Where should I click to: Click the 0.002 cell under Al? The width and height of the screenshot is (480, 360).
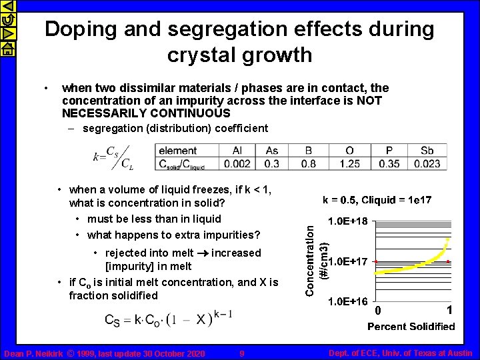tap(237, 163)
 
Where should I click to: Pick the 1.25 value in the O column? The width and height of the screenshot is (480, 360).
tap(350, 163)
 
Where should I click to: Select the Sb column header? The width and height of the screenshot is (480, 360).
tap(427, 151)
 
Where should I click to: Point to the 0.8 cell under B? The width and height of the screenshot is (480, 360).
tap(309, 163)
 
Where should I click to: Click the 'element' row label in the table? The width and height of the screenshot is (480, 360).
tap(178, 151)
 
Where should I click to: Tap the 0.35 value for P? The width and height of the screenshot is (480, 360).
tap(390, 163)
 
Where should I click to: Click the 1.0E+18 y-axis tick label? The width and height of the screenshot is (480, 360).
tap(346, 221)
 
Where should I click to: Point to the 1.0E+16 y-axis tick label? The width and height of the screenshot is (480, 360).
tap(346, 301)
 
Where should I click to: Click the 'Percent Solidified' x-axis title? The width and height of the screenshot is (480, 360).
tap(411, 326)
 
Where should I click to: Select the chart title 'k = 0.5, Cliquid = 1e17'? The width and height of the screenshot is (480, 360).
tap(377, 199)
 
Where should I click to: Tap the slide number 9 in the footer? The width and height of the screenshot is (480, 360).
tap(242, 353)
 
